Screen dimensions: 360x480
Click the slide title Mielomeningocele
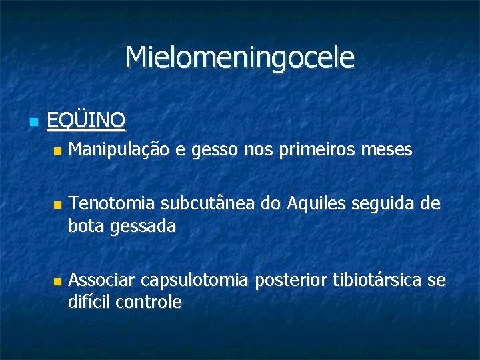[x=240, y=58]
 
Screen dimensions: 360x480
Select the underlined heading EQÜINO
[x=86, y=121]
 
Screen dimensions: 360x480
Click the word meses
[x=389, y=151]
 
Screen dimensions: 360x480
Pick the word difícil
[x=89, y=302]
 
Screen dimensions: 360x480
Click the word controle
[x=149, y=302]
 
